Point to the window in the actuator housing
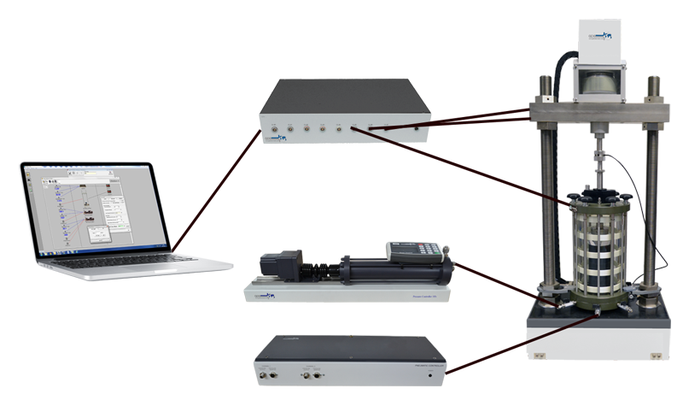click(601, 82)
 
